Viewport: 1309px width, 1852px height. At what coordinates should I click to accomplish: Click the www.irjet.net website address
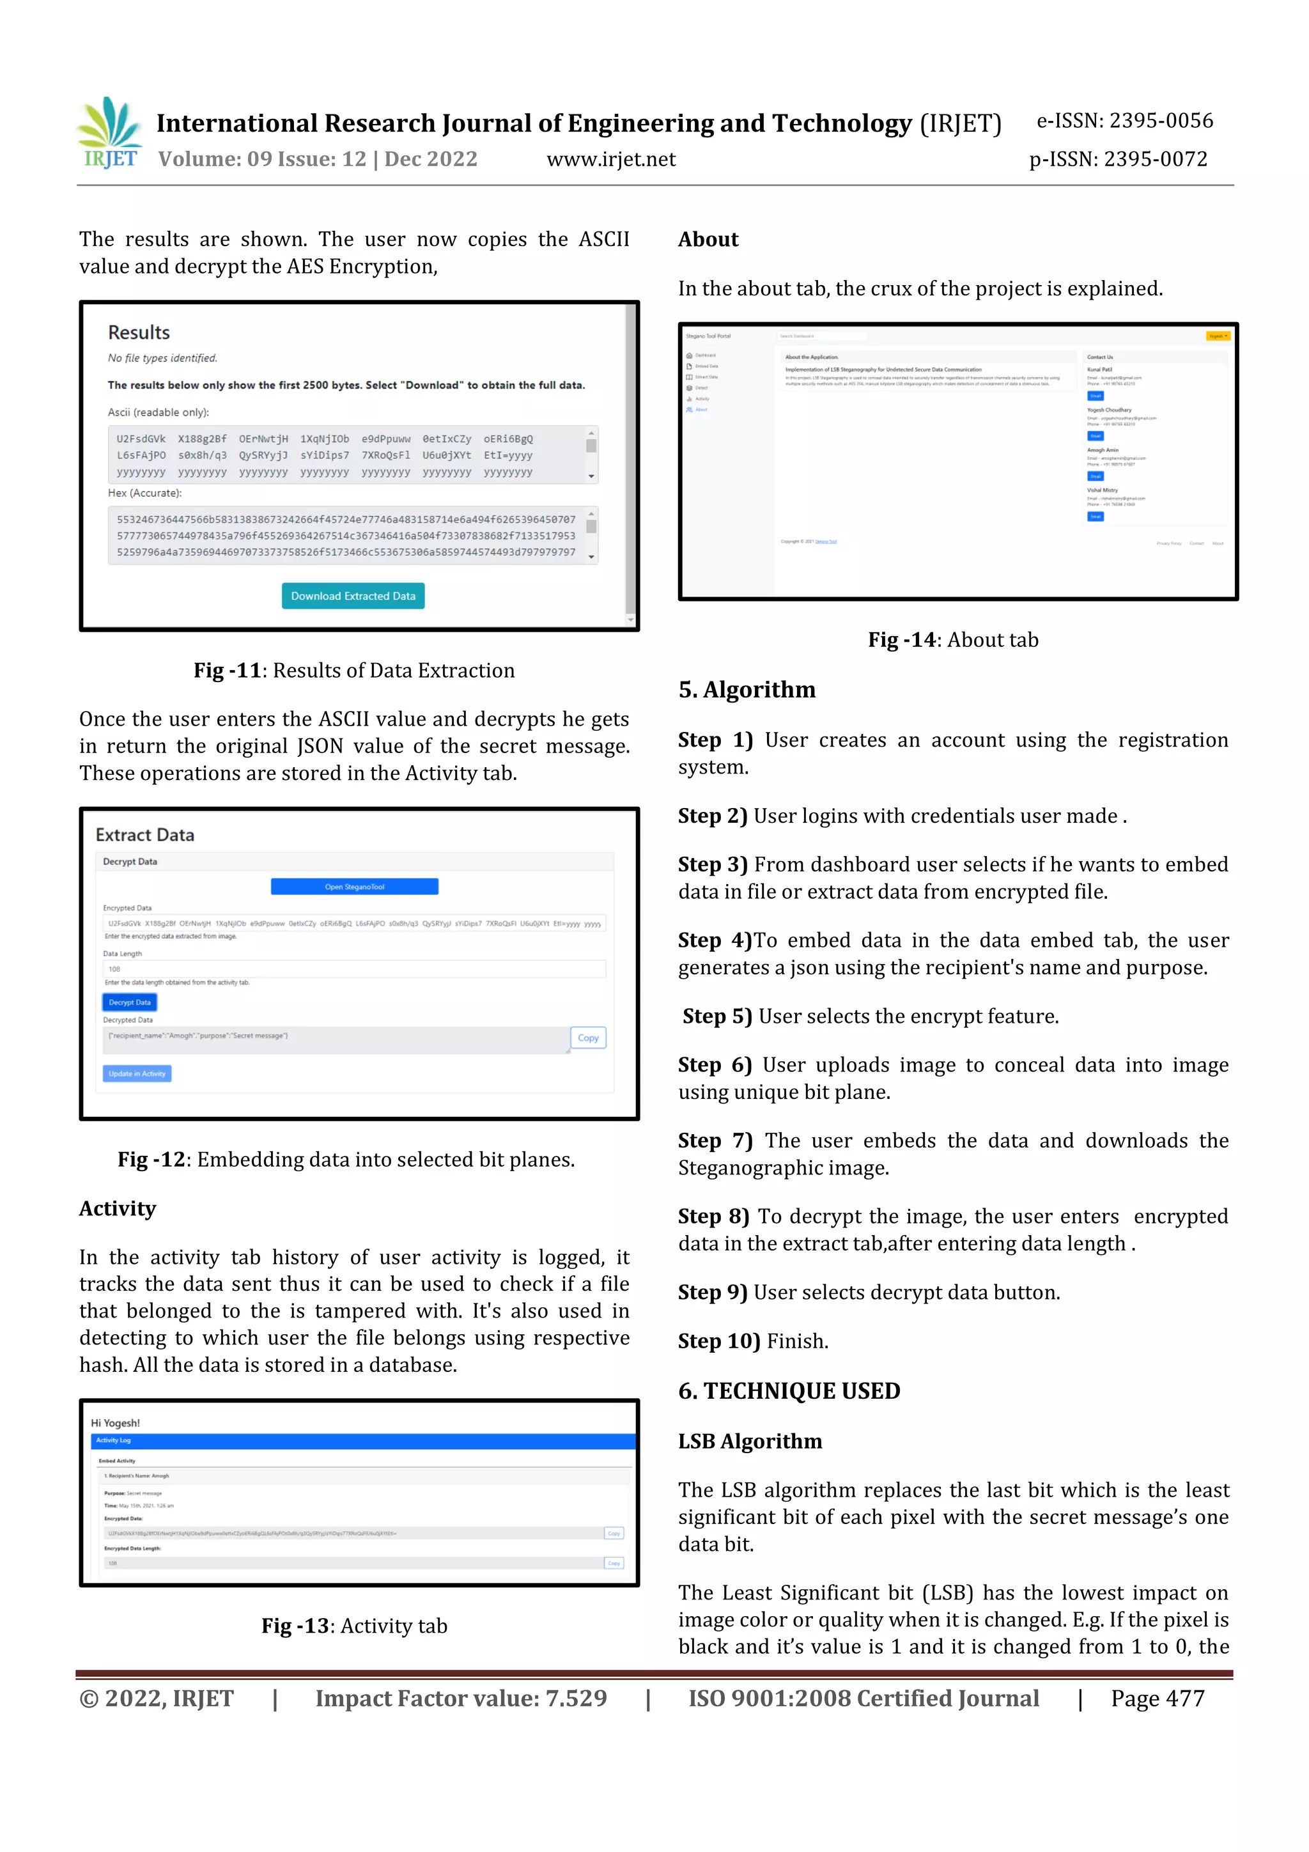[610, 160]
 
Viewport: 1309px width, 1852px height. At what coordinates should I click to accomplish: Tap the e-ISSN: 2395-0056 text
[1124, 121]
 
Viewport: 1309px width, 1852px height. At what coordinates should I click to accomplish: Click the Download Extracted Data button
[352, 596]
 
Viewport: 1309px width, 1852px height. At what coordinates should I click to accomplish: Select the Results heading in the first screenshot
[139, 332]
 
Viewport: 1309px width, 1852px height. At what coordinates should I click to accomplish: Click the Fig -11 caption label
[228, 671]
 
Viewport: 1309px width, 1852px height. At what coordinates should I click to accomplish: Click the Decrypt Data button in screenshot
[130, 1002]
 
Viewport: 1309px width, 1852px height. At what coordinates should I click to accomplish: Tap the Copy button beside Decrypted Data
[588, 1038]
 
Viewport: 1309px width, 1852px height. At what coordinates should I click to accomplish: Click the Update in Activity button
[137, 1073]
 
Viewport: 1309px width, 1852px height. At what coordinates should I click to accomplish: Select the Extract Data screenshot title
[145, 835]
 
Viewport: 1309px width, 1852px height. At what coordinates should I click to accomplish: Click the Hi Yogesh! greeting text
[115, 1423]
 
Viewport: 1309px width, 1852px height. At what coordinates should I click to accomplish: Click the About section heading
[708, 240]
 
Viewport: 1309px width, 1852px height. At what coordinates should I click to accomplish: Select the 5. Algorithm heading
[747, 690]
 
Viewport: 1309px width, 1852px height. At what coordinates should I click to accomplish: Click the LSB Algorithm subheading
[750, 1441]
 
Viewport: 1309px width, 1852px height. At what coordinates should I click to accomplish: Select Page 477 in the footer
[1157, 1698]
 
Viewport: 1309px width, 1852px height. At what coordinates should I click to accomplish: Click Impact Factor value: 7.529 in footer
[461, 1698]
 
